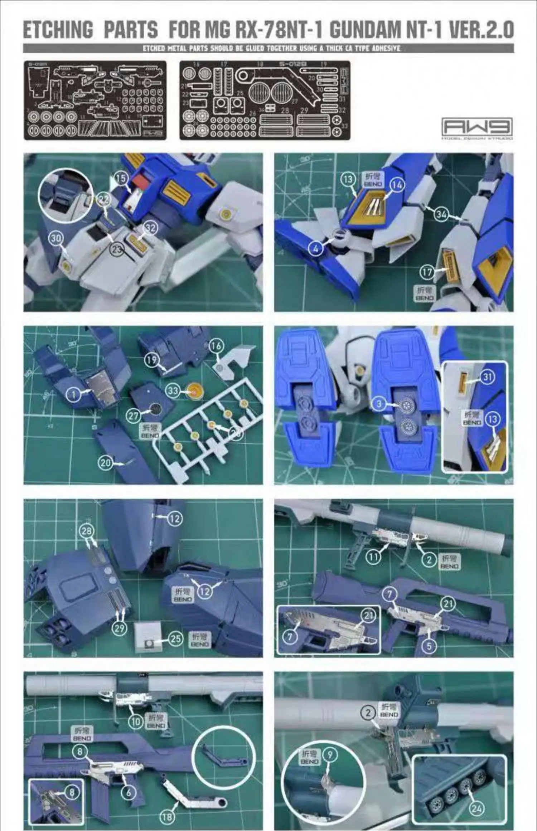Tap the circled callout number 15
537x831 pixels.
point(122,178)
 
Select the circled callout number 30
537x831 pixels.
point(56,238)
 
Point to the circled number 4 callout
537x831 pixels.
point(315,248)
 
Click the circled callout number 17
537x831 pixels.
point(427,272)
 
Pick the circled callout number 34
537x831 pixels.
point(442,214)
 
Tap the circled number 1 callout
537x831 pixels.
point(74,394)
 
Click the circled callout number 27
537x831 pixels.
point(133,415)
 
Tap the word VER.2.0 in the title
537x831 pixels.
point(481,30)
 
